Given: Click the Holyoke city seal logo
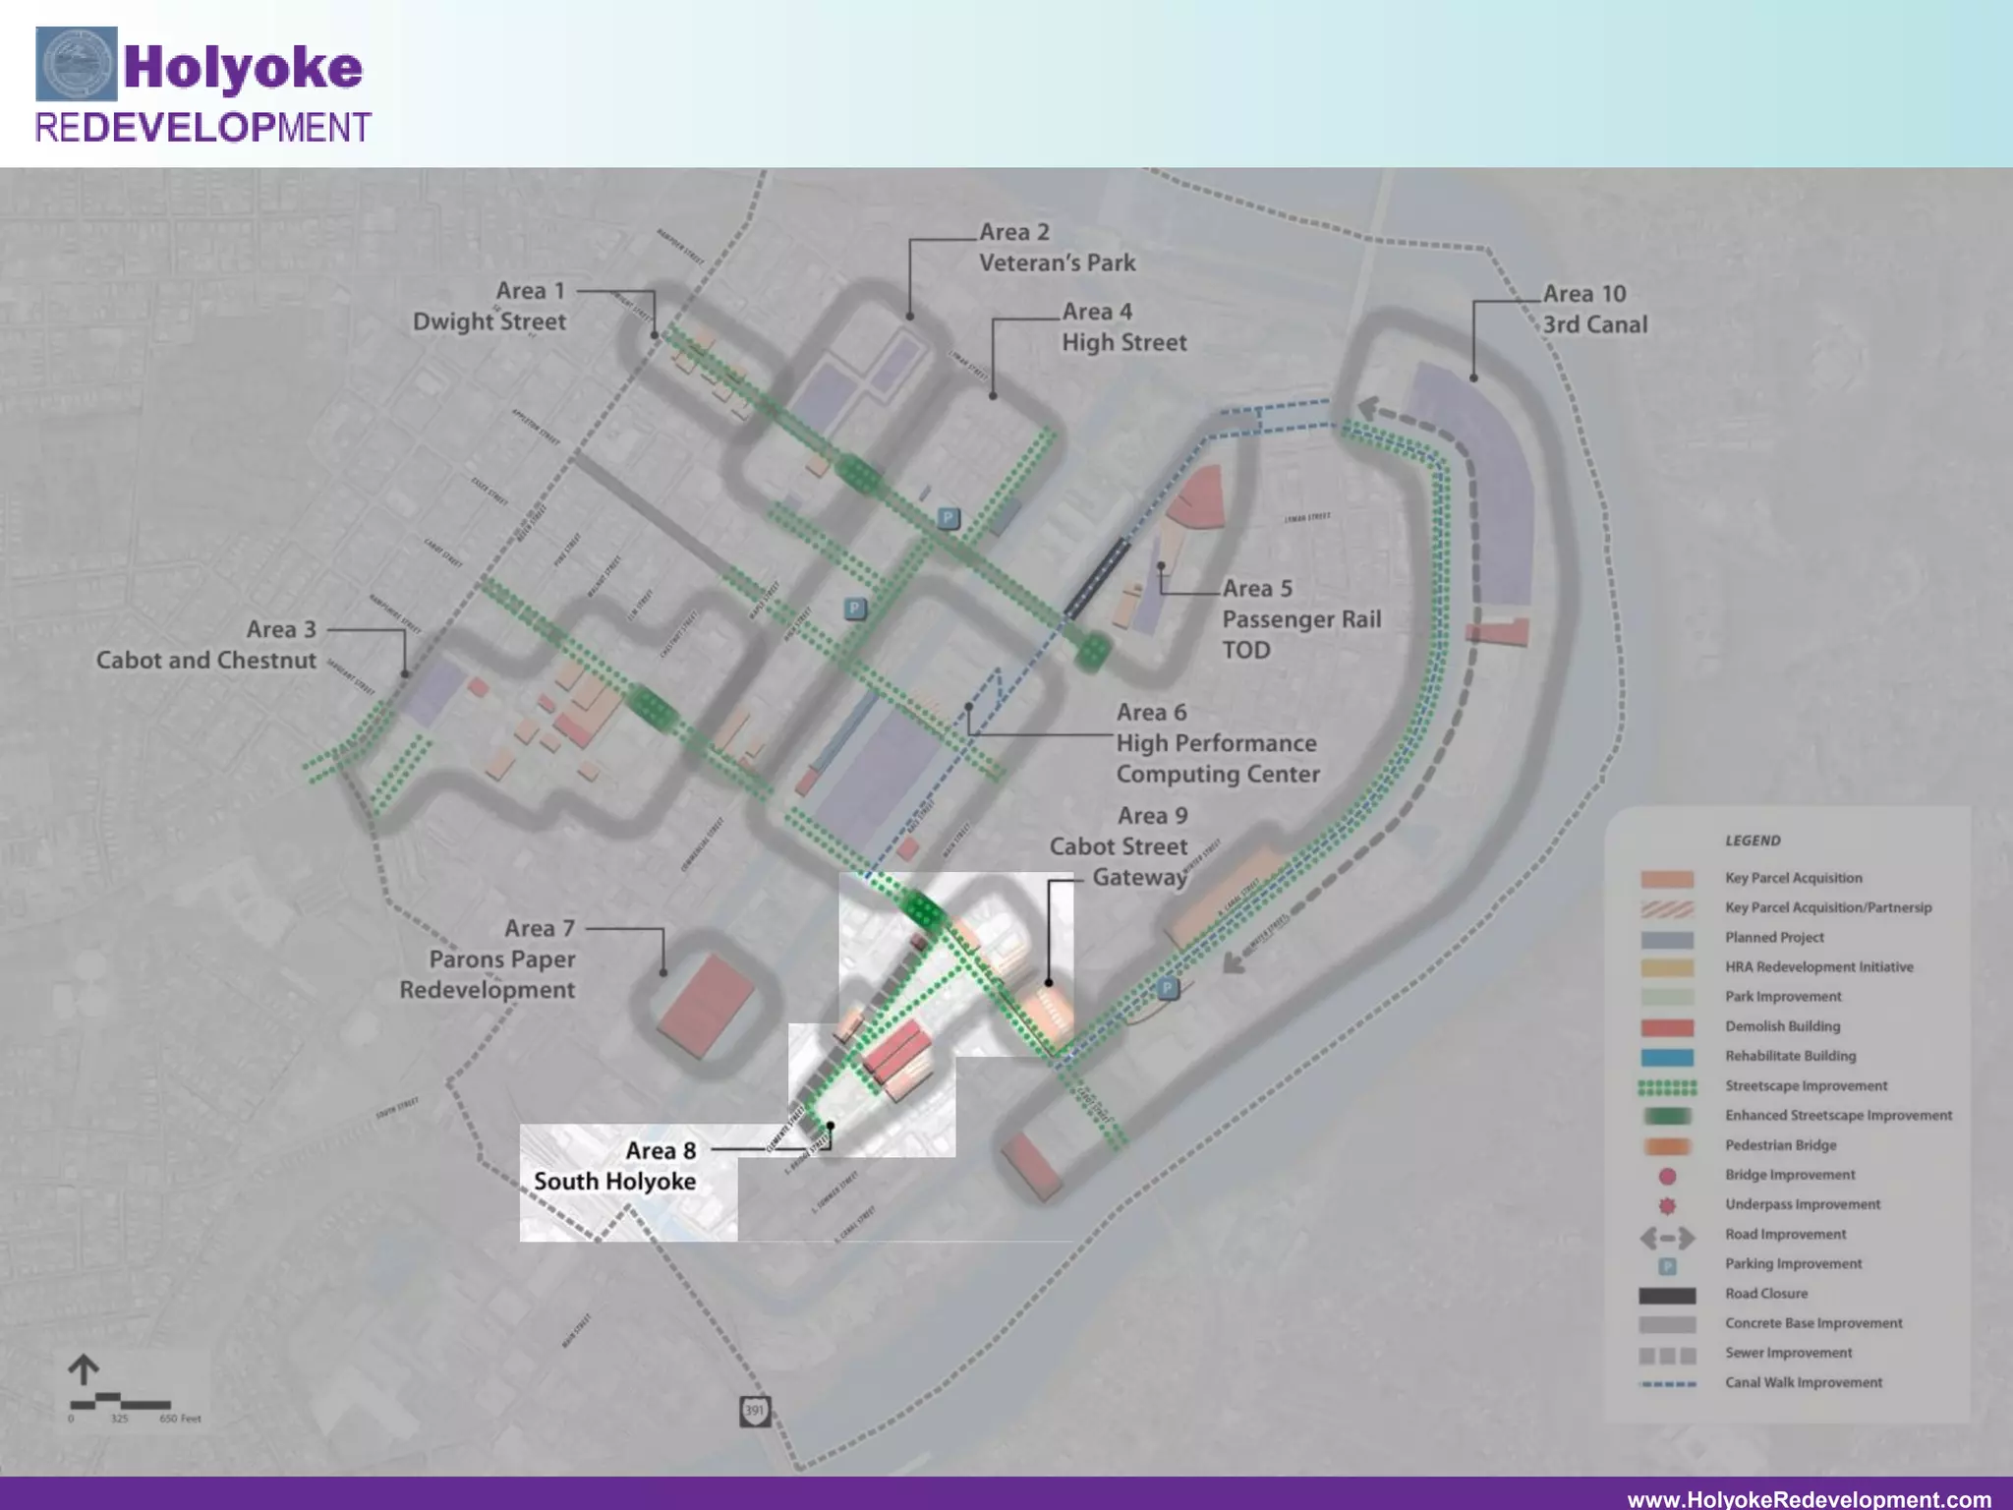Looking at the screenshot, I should click(76, 64).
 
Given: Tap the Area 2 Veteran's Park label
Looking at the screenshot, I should click(1057, 248).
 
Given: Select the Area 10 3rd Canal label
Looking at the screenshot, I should click(1594, 309).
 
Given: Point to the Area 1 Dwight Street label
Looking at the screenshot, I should click(489, 306).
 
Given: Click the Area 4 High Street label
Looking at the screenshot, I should click(1123, 327).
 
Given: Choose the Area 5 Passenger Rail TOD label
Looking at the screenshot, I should click(1300, 618).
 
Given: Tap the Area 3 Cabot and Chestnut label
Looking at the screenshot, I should click(206, 645).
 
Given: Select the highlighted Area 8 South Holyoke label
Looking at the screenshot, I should click(616, 1166).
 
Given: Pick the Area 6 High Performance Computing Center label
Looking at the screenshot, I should click(1217, 743).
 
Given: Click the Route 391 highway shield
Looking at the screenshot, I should click(754, 1411).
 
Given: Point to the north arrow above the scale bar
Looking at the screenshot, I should click(84, 1369).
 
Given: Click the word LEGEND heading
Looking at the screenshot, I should click(1753, 841).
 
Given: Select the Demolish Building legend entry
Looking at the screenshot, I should click(1782, 1026).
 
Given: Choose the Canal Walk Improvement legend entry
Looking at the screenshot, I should click(1804, 1382).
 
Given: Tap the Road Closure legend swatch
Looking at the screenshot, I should click(1667, 1295).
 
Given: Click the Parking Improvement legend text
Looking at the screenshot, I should click(1793, 1263).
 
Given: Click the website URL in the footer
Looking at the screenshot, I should click(1809, 1498).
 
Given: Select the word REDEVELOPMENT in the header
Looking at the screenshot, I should click(203, 128).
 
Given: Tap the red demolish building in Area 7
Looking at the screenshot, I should click(705, 1007).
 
